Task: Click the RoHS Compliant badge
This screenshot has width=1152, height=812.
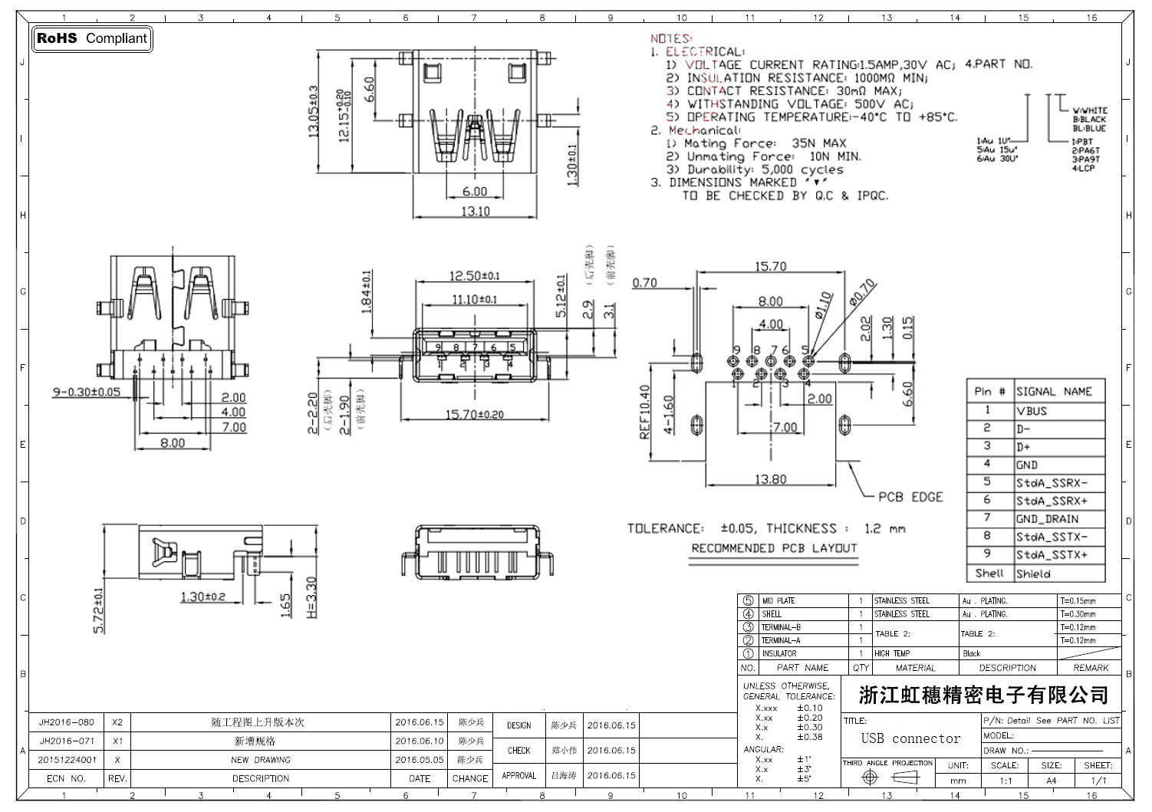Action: click(x=91, y=38)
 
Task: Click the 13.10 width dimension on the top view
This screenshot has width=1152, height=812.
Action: click(x=475, y=211)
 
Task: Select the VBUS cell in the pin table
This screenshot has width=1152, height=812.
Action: click(x=1032, y=411)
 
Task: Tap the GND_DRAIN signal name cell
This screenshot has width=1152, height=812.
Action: click(x=1047, y=519)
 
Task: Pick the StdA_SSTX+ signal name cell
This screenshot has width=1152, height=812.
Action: click(x=1052, y=555)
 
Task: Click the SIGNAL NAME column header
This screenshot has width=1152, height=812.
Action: click(x=1054, y=392)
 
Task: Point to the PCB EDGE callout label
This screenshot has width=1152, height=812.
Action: click(x=910, y=497)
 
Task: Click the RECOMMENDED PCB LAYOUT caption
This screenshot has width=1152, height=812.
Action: click(x=774, y=548)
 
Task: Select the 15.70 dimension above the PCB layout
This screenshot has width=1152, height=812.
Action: click(x=770, y=267)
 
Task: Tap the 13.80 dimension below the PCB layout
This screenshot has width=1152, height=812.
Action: click(x=770, y=479)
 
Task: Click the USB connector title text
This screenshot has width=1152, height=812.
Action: click(x=910, y=738)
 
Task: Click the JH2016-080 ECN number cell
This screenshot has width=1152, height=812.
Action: click(x=67, y=722)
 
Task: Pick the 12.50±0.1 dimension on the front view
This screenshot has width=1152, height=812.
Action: click(x=475, y=276)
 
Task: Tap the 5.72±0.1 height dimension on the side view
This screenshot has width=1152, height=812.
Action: click(x=98, y=610)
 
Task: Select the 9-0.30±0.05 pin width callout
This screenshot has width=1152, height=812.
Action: click(x=87, y=392)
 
